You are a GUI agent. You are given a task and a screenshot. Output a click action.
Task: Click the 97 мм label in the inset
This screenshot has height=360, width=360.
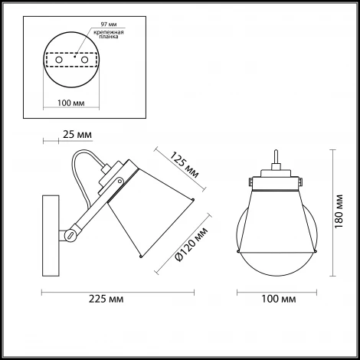109,25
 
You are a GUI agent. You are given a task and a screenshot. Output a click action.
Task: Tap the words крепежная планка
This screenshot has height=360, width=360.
109,34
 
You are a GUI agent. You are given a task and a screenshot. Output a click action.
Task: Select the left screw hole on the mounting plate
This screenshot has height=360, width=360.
59,60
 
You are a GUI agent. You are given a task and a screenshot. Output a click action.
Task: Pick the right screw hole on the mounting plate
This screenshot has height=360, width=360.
84,60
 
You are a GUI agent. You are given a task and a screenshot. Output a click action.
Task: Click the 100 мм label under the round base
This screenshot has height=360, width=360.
71,103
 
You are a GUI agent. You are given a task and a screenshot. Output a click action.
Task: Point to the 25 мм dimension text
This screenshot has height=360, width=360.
77,135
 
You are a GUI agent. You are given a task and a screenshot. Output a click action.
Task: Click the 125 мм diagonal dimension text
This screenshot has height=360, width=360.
185,165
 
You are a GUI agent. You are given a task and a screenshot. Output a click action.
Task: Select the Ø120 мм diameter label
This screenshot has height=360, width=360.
191,244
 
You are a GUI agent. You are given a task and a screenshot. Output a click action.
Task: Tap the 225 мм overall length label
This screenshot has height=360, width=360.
106,299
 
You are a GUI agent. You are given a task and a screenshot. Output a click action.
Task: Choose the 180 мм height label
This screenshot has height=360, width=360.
339,211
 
